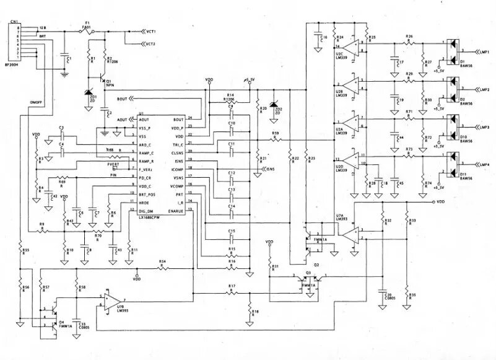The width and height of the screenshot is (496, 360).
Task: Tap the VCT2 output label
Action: click(x=149, y=44)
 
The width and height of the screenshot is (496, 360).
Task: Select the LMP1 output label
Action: click(x=483, y=52)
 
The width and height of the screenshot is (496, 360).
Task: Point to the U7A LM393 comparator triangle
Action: click(x=351, y=234)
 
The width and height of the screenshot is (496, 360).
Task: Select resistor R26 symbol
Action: click(x=409, y=42)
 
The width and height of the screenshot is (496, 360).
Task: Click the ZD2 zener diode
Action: click(x=271, y=106)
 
